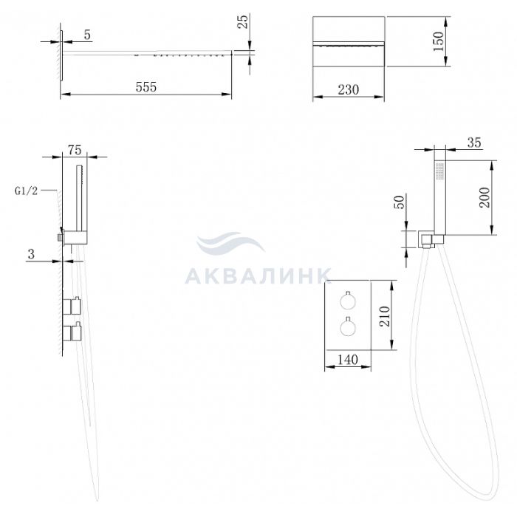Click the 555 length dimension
click(x=146, y=87)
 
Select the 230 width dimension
click(x=349, y=89)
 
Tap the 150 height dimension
click(x=439, y=41)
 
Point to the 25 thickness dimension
click(x=243, y=21)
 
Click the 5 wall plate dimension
click(x=87, y=35)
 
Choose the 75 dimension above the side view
click(x=75, y=150)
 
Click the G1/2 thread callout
click(x=26, y=191)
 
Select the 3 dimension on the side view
click(x=31, y=254)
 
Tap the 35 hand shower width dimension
click(x=474, y=143)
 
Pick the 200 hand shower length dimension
click(x=485, y=197)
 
